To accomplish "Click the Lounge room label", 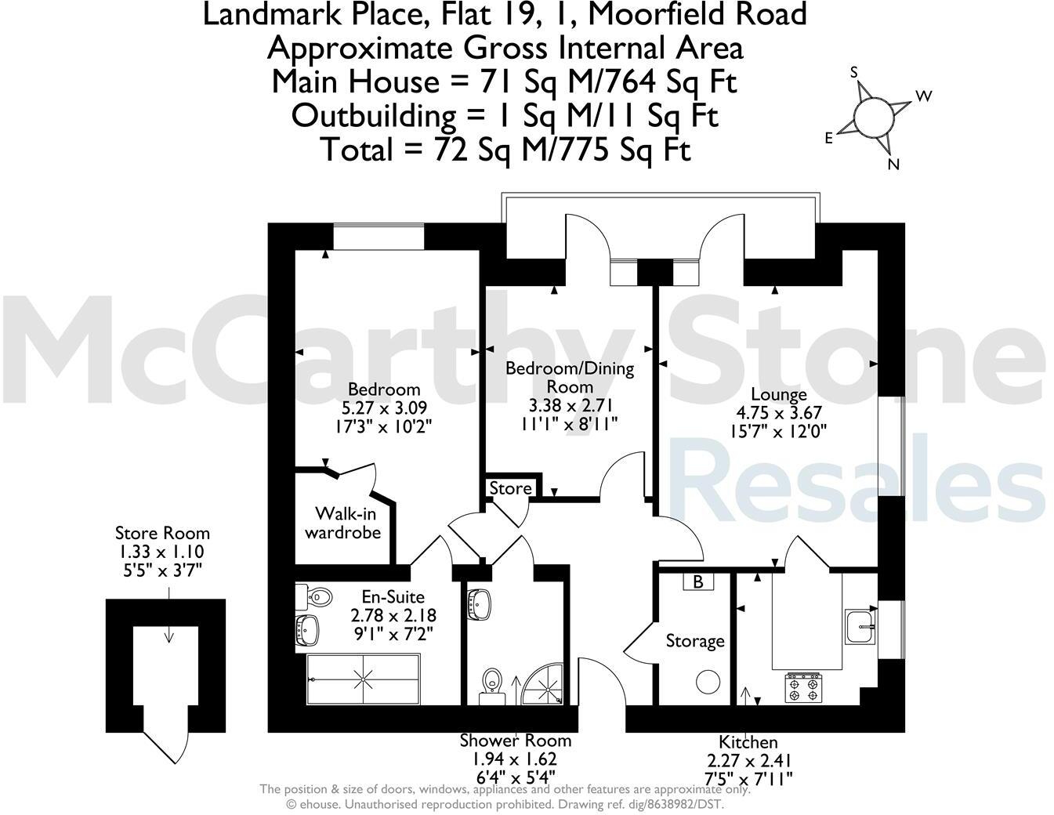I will coord(778,395).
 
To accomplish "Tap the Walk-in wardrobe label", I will coord(342,523).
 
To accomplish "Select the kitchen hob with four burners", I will coord(804,686).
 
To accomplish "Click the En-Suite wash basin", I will coord(307,628).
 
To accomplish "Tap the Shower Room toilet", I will coord(492,682).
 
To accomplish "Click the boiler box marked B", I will coord(698,582).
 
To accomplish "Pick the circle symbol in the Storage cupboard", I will coord(709,681).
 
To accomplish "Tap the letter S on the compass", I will coord(855,73).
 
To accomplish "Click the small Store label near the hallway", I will coord(510,488).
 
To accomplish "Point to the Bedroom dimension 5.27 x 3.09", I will coord(385,407).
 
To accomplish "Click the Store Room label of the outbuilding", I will coord(162,534).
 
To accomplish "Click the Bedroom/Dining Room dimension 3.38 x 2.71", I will coord(569,405).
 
